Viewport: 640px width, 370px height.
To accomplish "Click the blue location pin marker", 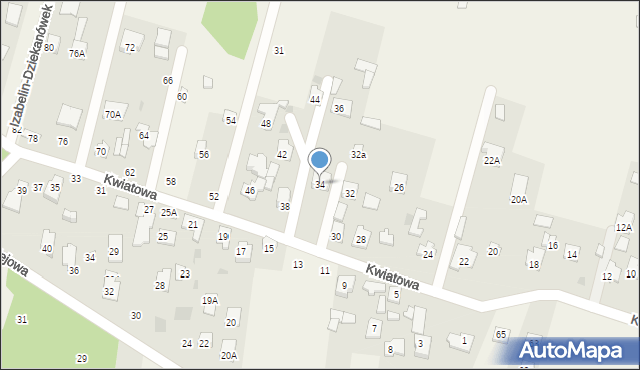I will (x=320, y=161).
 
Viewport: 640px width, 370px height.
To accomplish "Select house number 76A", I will (x=77, y=54).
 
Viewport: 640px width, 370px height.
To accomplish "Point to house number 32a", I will (x=357, y=154).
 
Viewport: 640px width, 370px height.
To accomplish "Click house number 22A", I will (x=491, y=160).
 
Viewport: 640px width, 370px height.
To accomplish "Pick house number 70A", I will (x=113, y=115).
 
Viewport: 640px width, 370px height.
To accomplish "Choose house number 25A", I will (x=169, y=212).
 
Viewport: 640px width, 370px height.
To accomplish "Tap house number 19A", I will (x=210, y=300).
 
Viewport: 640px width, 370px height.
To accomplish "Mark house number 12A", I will (x=623, y=228).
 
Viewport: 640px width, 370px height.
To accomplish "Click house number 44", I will (x=315, y=100).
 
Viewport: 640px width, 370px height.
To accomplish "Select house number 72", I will (x=129, y=48).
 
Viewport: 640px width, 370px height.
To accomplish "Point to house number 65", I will (x=501, y=334).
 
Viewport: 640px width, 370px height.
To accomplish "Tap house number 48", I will (x=266, y=124).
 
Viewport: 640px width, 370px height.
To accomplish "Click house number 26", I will (x=399, y=188).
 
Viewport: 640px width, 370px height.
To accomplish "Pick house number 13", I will (x=297, y=264).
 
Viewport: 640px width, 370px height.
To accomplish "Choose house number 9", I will (x=344, y=286).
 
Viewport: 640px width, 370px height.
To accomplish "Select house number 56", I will (x=203, y=155).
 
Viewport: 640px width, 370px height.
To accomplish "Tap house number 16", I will (x=552, y=246).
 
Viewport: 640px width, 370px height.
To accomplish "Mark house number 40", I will (x=47, y=248).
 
